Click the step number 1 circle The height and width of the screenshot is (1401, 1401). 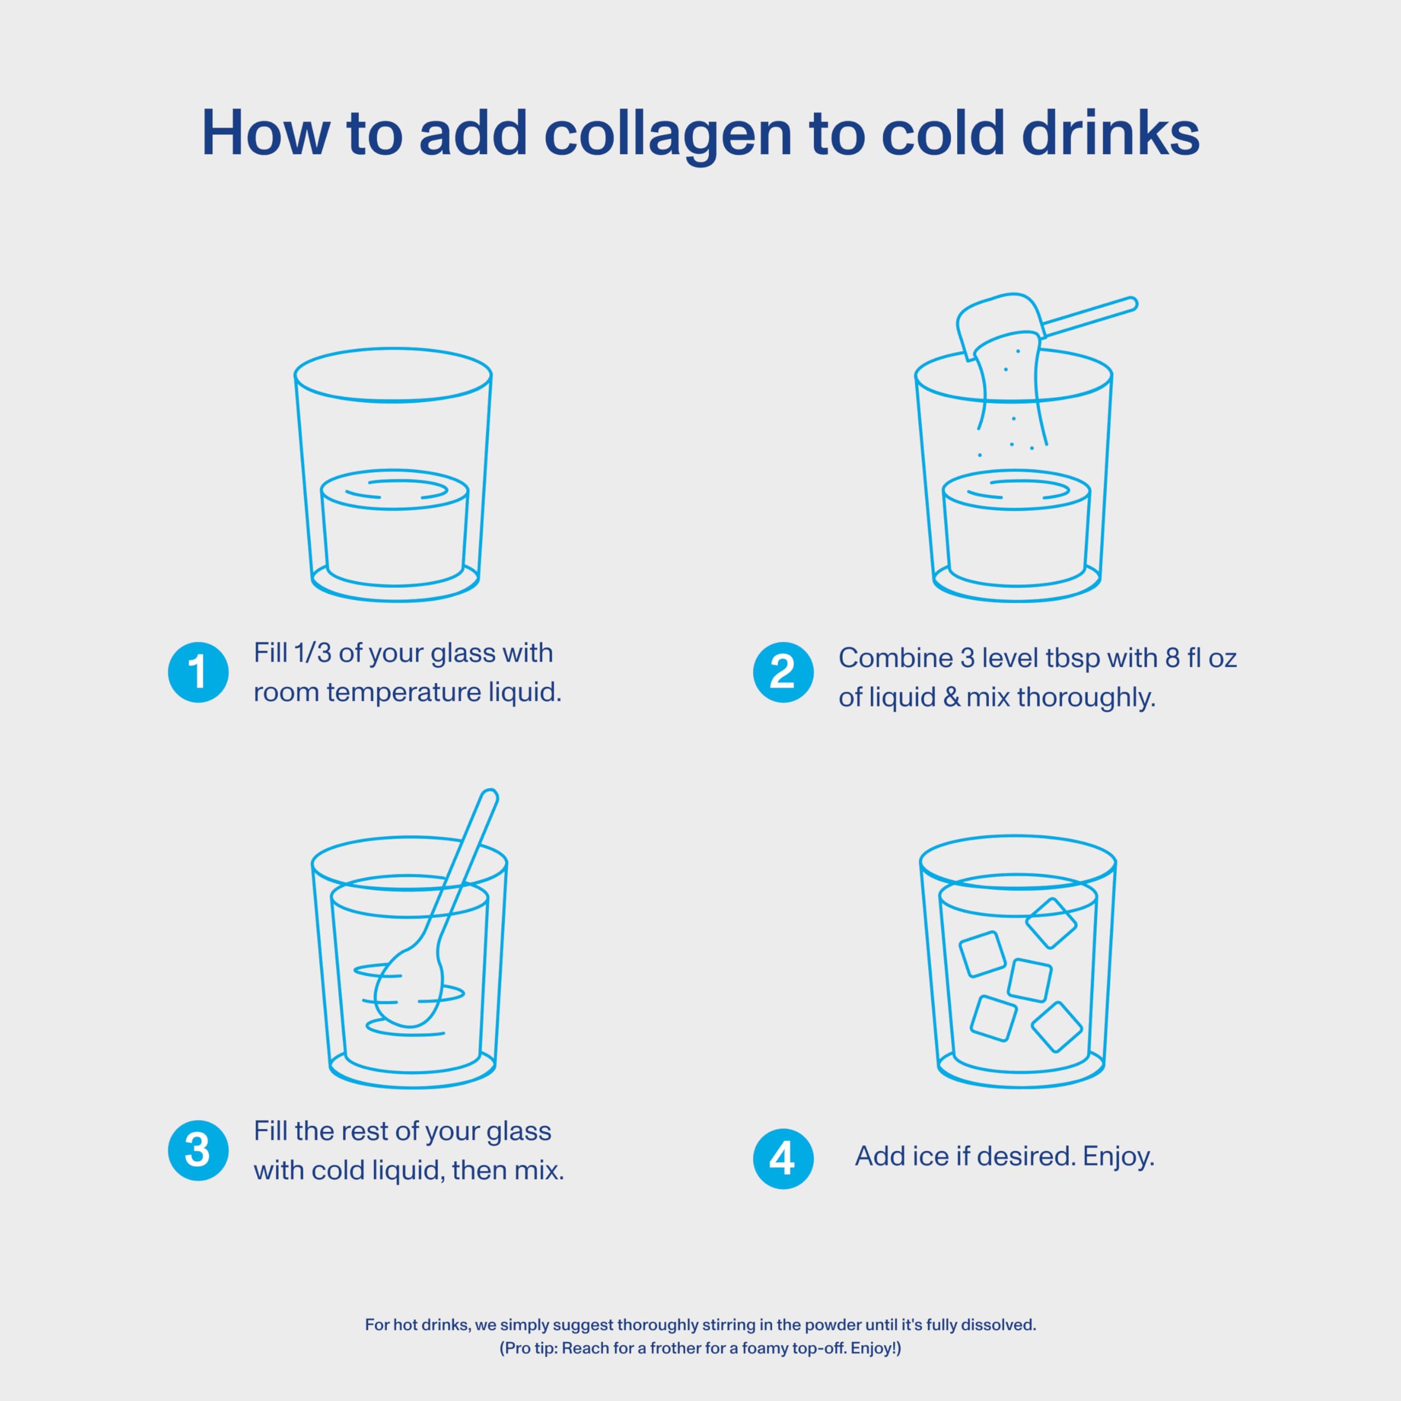pyautogui.click(x=198, y=672)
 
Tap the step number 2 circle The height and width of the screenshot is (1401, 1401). pyautogui.click(x=783, y=672)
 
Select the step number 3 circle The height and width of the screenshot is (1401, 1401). pyautogui.click(x=198, y=1150)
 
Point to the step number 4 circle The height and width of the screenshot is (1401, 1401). pyautogui.click(x=783, y=1158)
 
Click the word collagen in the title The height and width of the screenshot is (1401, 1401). pyautogui.click(x=668, y=135)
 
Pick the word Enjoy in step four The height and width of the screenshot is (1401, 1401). pyautogui.click(x=1118, y=1156)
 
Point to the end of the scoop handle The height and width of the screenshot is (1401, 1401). pyautogui.click(x=1131, y=304)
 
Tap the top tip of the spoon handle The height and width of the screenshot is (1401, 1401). pyautogui.click(x=490, y=794)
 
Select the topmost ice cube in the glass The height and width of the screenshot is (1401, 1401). pyautogui.click(x=1051, y=923)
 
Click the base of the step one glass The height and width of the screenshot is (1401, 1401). pyautogui.click(x=395, y=586)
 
